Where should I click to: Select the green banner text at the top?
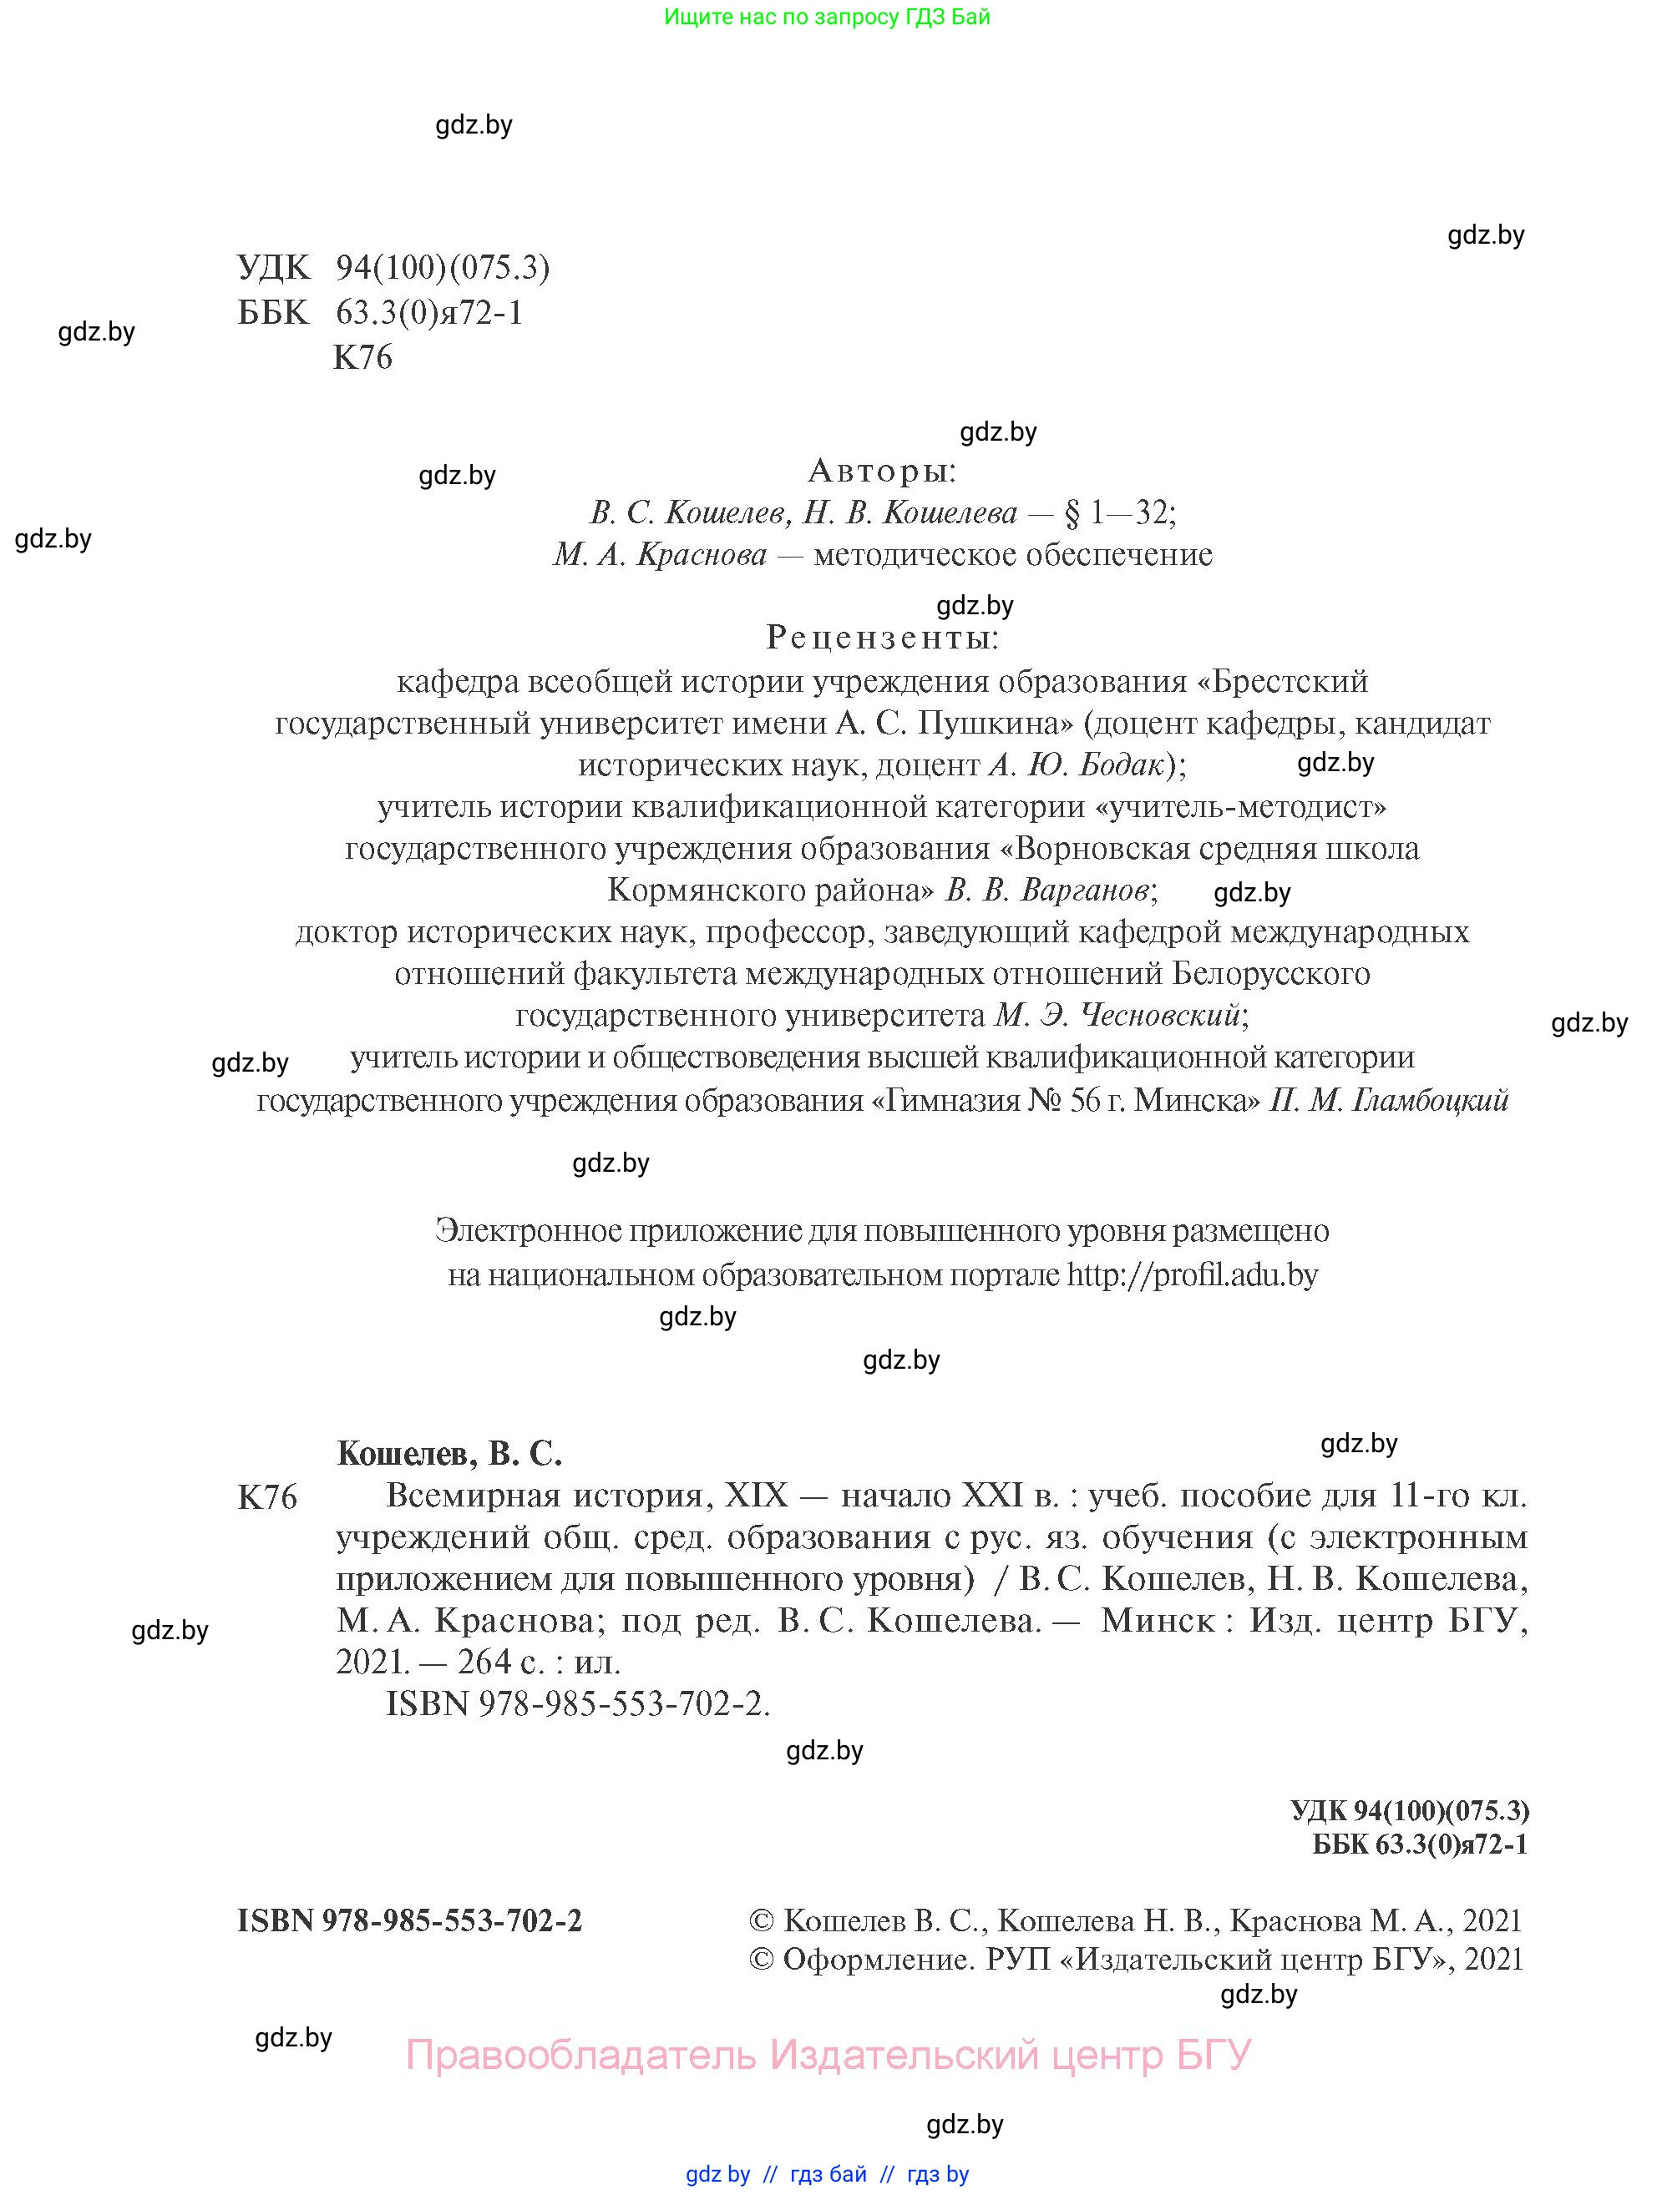(x=827, y=17)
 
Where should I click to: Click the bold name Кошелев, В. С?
(x=449, y=1454)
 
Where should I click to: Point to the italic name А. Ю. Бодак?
(x=1077, y=765)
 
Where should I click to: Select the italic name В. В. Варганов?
(x=1047, y=891)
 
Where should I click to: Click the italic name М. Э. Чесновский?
(x=1117, y=1015)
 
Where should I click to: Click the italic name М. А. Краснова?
(x=661, y=555)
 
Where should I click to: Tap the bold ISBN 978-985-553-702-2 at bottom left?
(x=410, y=1921)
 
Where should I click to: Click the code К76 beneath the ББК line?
(x=362, y=357)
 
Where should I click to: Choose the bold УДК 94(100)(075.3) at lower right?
(x=1410, y=1811)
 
